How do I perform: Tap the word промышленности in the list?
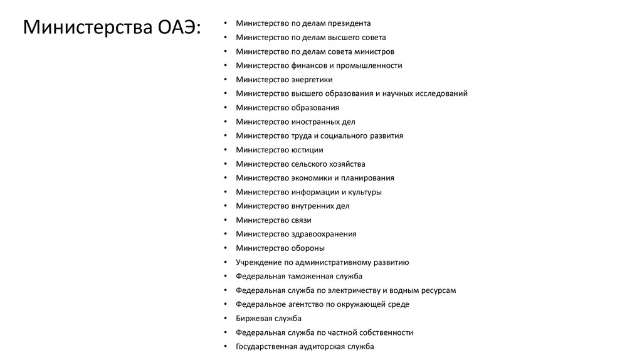tap(369, 65)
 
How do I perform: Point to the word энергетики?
tap(312, 80)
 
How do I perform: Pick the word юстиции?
tap(307, 150)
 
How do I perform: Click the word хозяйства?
tap(344, 164)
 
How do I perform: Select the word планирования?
tap(367, 178)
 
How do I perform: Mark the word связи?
tap(301, 220)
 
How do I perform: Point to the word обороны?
tap(308, 248)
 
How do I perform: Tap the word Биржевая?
tap(255, 318)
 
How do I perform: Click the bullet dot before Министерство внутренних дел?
tap(226, 206)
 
